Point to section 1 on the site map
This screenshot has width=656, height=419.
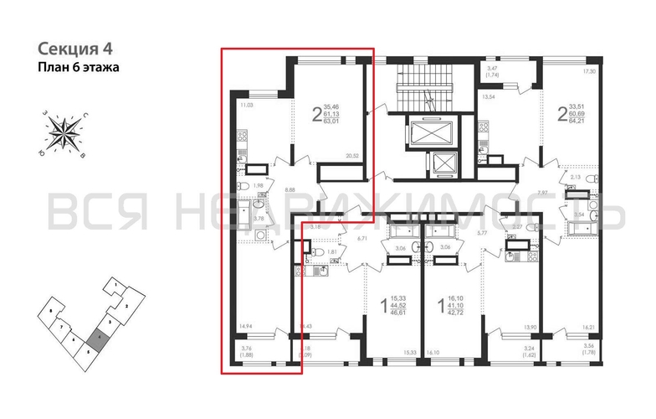(x=110, y=287)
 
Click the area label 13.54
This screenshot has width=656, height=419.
(x=491, y=97)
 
